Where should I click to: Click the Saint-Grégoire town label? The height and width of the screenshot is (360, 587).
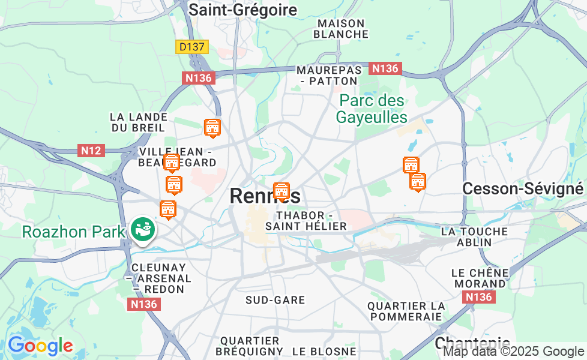coord(242,10)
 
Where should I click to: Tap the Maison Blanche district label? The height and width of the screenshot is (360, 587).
coord(341,29)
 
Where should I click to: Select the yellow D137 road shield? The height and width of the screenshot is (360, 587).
coord(192,47)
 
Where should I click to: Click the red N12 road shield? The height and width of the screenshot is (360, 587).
coord(91,151)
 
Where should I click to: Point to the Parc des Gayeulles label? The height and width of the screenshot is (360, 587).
coord(372,109)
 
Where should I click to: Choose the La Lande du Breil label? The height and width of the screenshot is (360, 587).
coord(139,122)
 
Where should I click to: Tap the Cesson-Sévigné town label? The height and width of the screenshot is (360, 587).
coord(522,189)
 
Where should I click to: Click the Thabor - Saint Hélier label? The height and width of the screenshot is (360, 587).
coord(306,221)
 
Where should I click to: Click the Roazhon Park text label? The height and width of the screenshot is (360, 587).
coord(74,232)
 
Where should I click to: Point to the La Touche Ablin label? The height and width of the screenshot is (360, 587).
coord(474,236)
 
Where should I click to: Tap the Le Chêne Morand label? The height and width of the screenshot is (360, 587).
coord(480,278)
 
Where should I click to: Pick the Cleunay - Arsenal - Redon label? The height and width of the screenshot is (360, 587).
coord(158,278)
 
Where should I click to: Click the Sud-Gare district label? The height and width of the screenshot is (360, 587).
coord(275,300)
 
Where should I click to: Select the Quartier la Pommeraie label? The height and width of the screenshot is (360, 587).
coord(406,311)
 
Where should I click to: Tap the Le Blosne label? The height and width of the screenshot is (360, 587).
coord(324,352)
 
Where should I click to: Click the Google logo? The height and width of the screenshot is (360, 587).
coord(40,346)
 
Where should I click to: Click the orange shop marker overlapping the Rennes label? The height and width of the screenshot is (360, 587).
coord(281,191)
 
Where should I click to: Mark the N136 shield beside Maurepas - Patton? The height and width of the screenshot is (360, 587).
coord(385,68)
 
